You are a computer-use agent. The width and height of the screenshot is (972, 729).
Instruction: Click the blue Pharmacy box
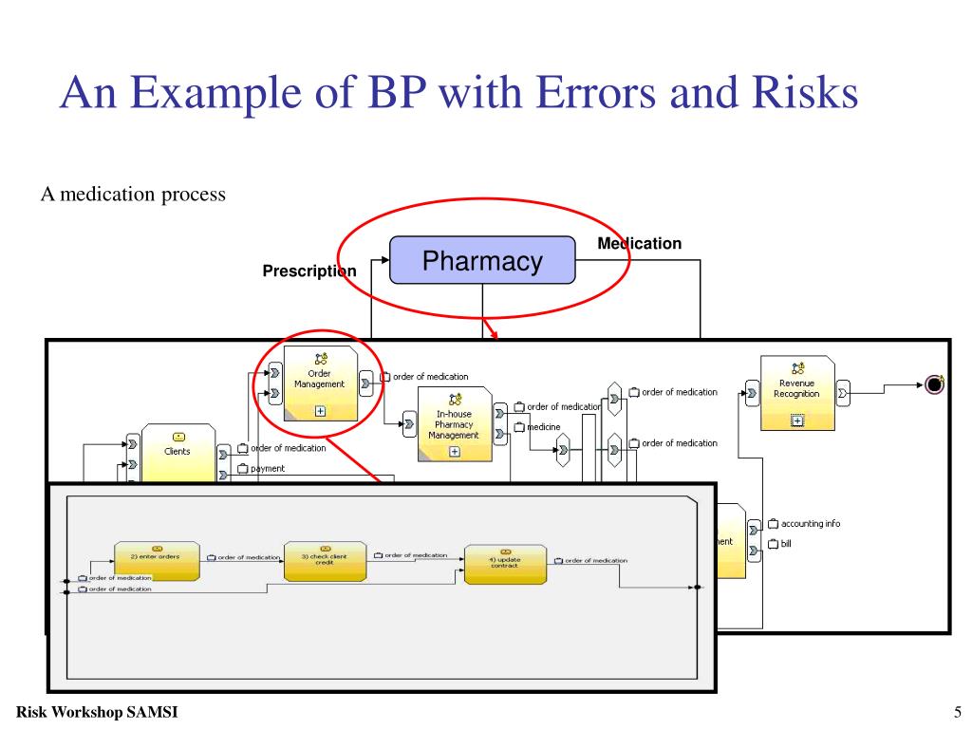(482, 260)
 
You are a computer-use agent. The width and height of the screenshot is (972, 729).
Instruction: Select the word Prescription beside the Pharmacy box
(309, 271)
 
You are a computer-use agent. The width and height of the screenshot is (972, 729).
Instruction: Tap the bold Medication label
(639, 244)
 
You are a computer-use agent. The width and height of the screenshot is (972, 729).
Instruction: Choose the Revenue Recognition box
(796, 390)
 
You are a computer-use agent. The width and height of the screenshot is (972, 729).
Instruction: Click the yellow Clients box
(177, 451)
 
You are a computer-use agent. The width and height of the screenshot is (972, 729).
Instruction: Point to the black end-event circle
(935, 383)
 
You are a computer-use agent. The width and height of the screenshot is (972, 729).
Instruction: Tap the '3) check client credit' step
(324, 561)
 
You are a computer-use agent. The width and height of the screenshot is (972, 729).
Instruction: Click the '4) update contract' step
(505, 564)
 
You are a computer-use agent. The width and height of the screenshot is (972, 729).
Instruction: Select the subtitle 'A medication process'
(133, 195)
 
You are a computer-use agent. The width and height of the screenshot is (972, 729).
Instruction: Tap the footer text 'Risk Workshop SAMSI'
(97, 712)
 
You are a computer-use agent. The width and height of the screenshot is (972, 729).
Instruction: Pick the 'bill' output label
(785, 544)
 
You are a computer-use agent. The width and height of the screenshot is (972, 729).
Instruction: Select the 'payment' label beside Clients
(267, 468)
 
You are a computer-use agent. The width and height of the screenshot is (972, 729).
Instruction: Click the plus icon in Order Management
(320, 411)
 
